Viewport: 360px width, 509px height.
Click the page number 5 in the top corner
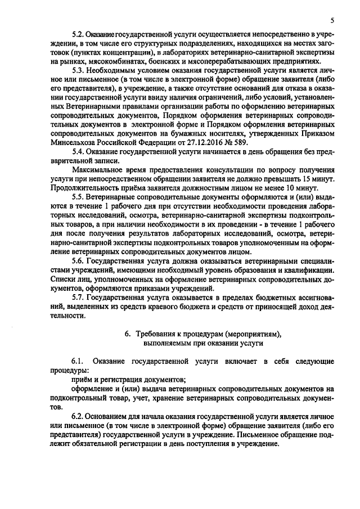(332, 21)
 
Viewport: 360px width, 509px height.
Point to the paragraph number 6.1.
(78, 360)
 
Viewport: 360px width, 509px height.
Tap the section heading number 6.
(127, 334)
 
